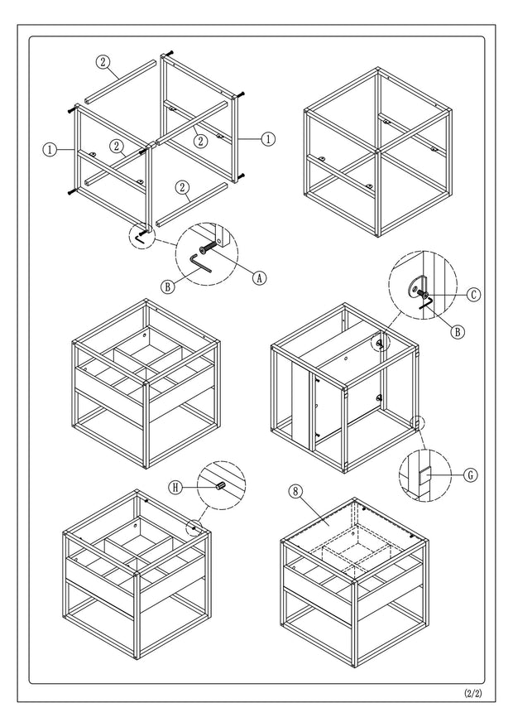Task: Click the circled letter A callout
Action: point(259,279)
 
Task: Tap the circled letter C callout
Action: point(473,294)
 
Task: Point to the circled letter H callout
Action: point(176,488)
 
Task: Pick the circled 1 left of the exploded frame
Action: point(50,150)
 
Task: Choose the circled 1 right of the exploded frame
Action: point(267,139)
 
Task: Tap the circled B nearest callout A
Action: point(167,287)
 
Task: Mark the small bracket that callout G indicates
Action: point(424,475)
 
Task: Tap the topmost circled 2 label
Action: point(103,61)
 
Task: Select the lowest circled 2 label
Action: point(181,187)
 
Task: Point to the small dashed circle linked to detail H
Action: point(195,525)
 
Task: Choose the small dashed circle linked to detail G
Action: point(420,422)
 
